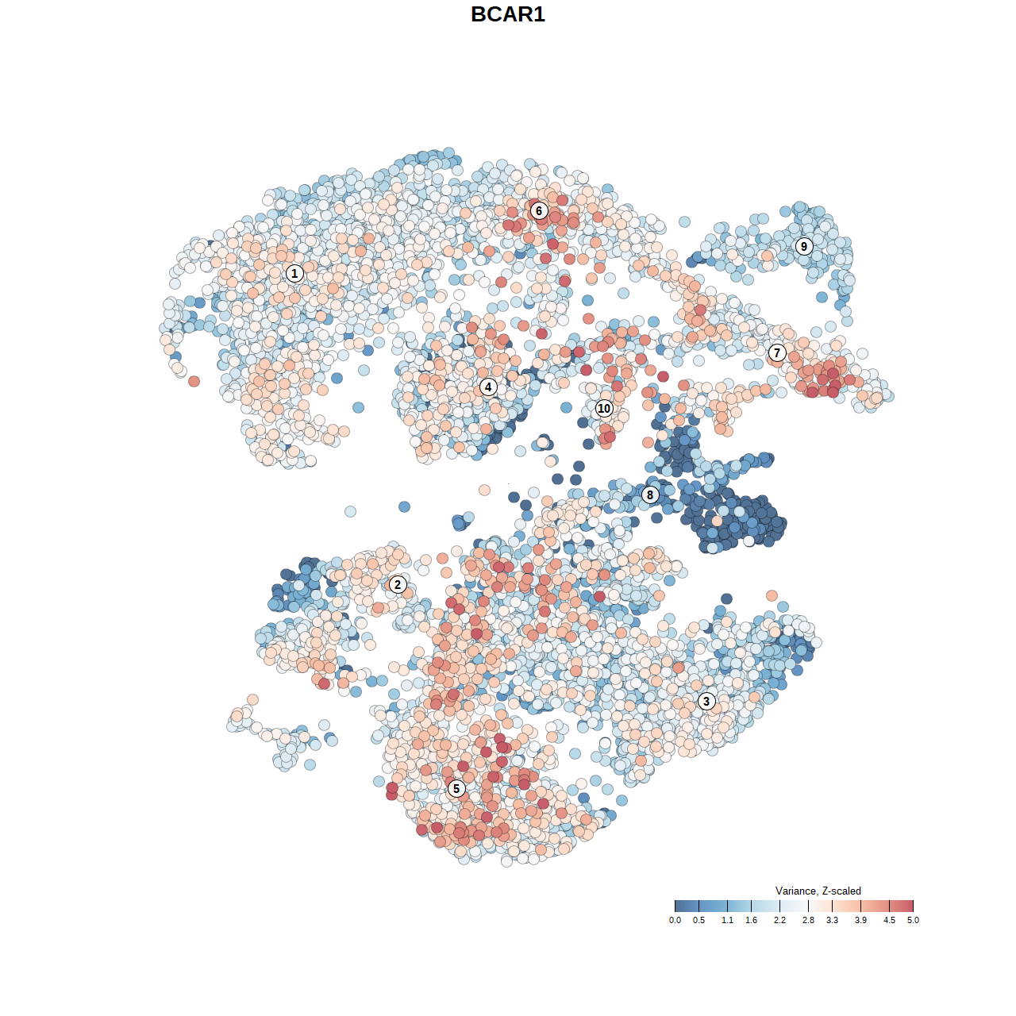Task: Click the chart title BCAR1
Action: [508, 14]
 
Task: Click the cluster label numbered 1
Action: [294, 273]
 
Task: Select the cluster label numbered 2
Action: [398, 585]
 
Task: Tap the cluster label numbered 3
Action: [706, 701]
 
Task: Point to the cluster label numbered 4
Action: [488, 387]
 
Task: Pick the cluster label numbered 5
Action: [456, 788]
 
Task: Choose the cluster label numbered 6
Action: [539, 210]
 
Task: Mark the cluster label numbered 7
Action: [777, 352]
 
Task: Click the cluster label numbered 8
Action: [650, 495]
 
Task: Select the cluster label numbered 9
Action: [804, 246]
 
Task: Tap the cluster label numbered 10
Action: [604, 408]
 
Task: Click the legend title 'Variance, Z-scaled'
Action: [818, 891]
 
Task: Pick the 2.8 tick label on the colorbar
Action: [808, 920]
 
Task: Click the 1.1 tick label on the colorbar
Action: [727, 920]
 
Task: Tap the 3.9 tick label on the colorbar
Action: [860, 920]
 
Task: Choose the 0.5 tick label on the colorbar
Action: [698, 920]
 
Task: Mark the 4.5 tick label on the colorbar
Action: [889, 920]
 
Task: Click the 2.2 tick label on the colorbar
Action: [779, 920]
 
